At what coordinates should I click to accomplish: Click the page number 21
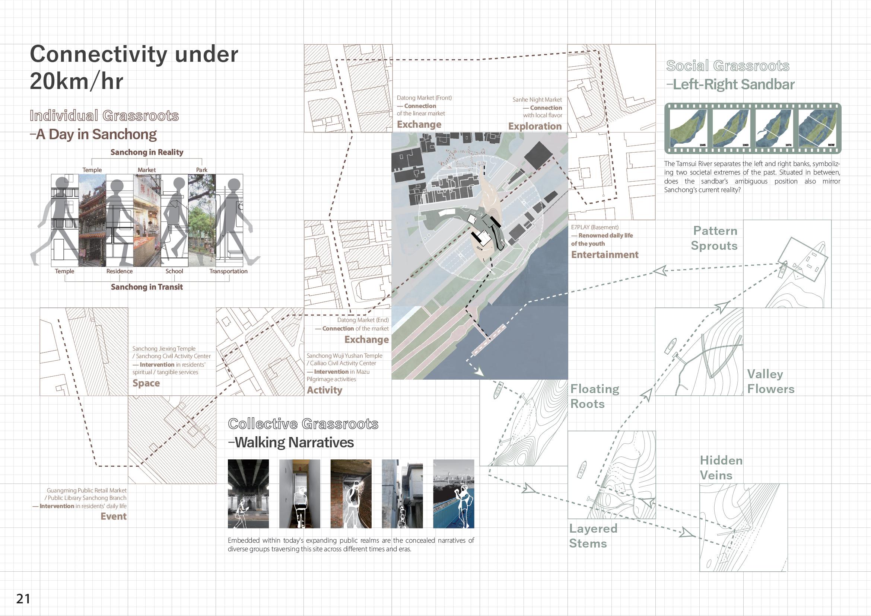23,598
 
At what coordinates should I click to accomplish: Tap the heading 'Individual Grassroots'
104,116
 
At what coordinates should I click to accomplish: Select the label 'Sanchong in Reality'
146,152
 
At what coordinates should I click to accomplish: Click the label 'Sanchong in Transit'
146,287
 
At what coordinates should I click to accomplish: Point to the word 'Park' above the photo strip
201,170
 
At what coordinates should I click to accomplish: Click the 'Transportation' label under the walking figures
228,271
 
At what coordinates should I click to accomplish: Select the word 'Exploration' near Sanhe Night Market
535,126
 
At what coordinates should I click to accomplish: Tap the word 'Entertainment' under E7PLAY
605,255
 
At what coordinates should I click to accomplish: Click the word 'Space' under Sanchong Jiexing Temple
146,383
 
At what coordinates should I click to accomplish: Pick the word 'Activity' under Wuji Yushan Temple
324,390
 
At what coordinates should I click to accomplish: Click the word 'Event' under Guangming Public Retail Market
114,516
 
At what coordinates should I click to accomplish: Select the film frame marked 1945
688,128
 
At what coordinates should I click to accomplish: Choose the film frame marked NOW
818,128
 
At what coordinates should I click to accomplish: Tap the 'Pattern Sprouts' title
714,238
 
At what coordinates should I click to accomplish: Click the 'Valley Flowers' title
770,381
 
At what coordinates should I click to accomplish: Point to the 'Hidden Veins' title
721,468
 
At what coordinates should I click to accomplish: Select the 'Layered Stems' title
593,536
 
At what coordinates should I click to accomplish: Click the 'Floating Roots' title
594,396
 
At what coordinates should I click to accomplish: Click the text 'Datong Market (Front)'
424,98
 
